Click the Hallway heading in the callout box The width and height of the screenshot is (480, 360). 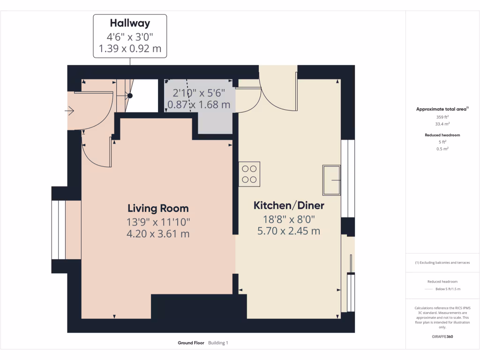[130, 22]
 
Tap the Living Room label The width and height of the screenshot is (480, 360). [158, 209]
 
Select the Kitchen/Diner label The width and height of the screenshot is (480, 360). [289, 205]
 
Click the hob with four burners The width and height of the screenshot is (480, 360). [249, 174]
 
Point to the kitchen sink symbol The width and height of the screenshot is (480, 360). [331, 180]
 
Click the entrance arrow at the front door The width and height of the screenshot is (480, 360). [70, 111]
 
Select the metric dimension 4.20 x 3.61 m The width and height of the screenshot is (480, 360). [158, 233]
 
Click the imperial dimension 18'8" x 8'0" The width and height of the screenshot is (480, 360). [289, 218]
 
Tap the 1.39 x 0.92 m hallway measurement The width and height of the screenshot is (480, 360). [130, 48]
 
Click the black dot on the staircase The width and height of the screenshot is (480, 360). [130, 96]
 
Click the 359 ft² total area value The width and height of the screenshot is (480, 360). [442, 117]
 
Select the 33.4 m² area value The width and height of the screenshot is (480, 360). [442, 124]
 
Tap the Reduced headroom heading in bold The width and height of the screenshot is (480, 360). [442, 135]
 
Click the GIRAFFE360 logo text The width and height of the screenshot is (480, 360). [442, 337]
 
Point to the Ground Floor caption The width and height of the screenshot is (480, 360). [191, 343]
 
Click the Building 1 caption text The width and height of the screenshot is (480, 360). [218, 343]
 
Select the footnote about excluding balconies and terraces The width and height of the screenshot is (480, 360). [442, 262]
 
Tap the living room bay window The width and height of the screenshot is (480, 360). [59, 230]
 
